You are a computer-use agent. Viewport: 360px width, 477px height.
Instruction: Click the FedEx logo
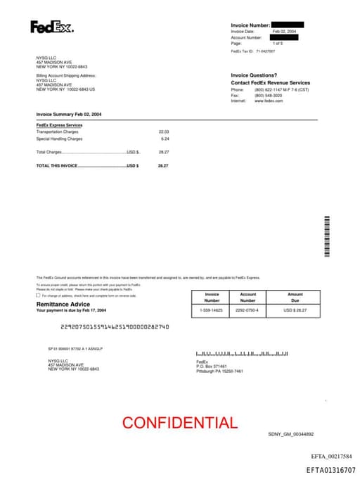(x=51, y=27)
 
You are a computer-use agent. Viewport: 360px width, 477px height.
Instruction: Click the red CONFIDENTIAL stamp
(x=179, y=423)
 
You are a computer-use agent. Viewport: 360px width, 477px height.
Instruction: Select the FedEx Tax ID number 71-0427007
(x=265, y=51)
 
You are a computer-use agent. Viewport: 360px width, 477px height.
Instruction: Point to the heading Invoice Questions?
(x=254, y=75)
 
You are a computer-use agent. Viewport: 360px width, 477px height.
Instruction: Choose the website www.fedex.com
(x=269, y=101)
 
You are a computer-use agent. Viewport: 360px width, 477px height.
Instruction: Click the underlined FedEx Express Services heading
(x=59, y=125)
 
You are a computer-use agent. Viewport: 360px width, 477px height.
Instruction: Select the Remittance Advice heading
(x=63, y=304)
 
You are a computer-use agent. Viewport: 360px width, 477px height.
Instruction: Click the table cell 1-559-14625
(x=211, y=310)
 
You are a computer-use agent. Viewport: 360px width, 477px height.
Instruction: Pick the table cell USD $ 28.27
(x=295, y=310)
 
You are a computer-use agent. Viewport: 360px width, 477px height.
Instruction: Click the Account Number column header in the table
(x=248, y=297)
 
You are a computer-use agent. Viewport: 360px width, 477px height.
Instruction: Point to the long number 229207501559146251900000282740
(x=115, y=326)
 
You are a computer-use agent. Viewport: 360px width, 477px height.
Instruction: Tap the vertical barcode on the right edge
(x=327, y=235)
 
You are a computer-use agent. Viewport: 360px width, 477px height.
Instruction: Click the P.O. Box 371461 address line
(x=212, y=367)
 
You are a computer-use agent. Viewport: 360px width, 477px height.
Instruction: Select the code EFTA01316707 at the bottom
(x=330, y=469)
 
